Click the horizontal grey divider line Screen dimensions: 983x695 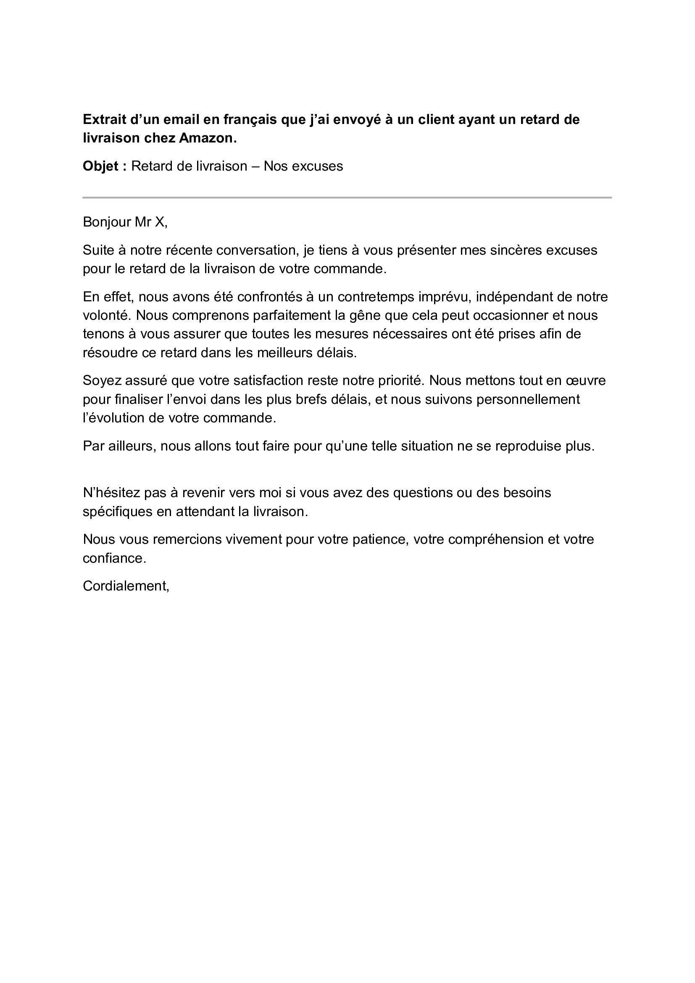pyautogui.click(x=347, y=198)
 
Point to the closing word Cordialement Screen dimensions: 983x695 pyautogui.click(x=126, y=586)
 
